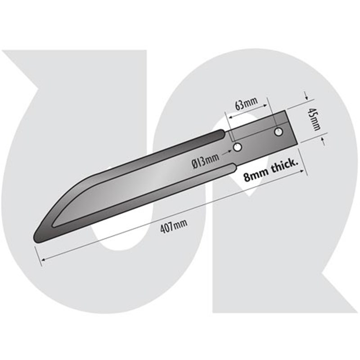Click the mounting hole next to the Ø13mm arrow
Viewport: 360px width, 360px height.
[x=237, y=147]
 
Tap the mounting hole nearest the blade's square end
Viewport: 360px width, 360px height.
[x=279, y=132]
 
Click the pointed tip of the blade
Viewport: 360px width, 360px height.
[x=36, y=238]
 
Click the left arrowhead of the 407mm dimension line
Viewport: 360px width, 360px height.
[x=42, y=259]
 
